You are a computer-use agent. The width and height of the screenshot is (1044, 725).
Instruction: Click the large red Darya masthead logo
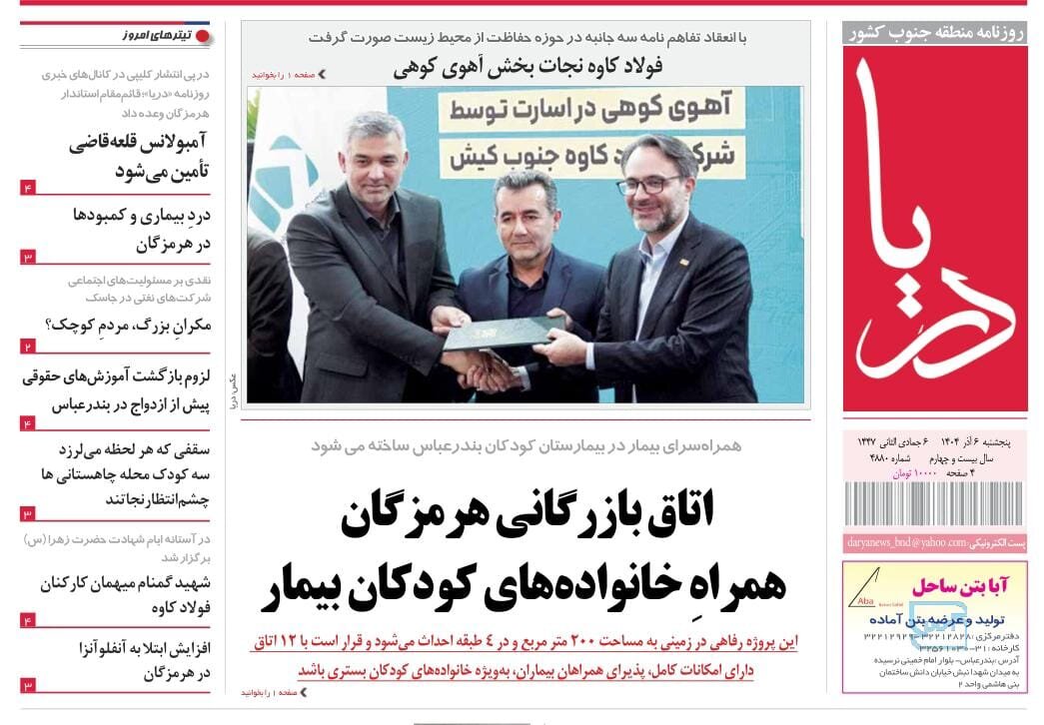point(934,228)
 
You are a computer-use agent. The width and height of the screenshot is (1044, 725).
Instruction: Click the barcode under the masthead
point(934,503)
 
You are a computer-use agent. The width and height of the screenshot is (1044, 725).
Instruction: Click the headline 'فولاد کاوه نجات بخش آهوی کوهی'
point(527,67)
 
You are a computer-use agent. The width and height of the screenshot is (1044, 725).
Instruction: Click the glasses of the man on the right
point(650,185)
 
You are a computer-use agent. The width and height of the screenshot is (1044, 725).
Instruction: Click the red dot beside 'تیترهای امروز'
point(203,36)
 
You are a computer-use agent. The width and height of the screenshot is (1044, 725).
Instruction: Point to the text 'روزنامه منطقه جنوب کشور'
point(935,33)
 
